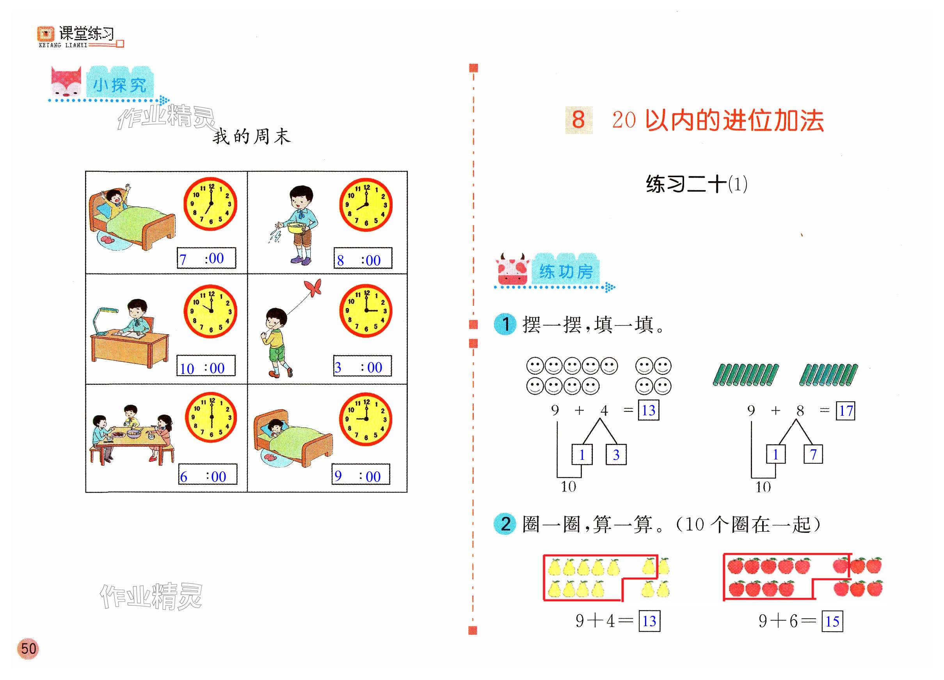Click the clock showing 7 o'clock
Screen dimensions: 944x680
(210, 204)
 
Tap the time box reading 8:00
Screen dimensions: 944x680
(363, 258)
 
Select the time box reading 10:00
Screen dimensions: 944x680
(206, 366)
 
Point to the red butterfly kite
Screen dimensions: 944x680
(313, 287)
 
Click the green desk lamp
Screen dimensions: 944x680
(102, 319)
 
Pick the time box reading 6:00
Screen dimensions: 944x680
(208, 474)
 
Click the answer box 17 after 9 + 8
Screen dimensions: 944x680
(845, 411)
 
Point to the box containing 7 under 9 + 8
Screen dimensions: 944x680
(813, 454)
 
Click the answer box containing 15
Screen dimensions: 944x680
(832, 621)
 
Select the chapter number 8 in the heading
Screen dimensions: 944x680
(578, 120)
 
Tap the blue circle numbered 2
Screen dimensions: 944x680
(505, 524)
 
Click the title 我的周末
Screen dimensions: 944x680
(251, 137)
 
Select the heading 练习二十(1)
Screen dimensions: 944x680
(696, 184)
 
